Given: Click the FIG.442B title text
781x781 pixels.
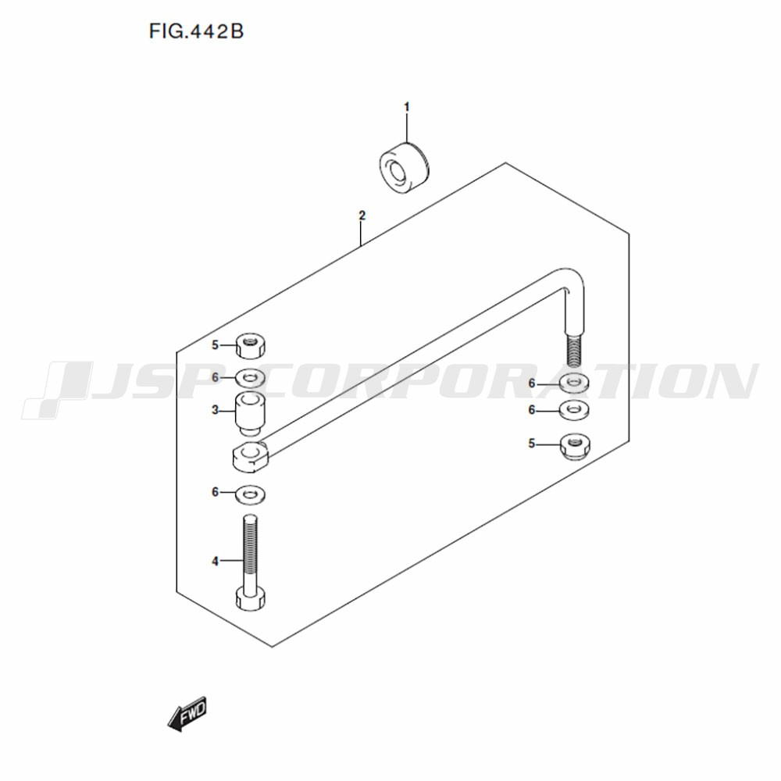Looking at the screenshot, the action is point(196,31).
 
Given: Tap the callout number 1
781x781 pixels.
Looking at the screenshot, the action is point(406,107).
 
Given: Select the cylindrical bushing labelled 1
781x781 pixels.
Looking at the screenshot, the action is point(404,167).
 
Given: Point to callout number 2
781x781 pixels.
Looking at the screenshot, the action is point(362,216).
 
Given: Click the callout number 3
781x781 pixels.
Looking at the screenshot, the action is point(216,411).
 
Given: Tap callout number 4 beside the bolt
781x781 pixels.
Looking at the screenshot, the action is point(216,562).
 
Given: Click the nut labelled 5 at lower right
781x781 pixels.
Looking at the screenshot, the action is point(575,446).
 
